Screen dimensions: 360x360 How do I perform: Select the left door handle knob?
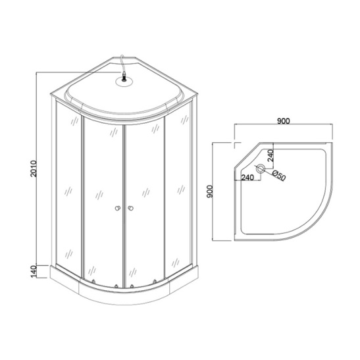tap(116, 209)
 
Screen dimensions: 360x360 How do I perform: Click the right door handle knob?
tap(132, 209)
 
